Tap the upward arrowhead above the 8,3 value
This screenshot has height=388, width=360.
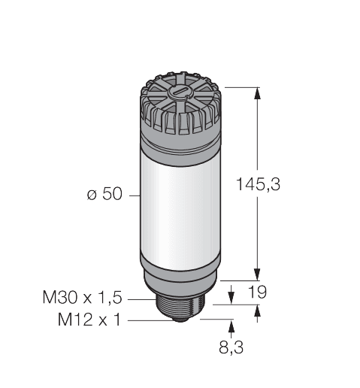[x=231, y=325]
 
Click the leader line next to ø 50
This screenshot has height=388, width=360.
[x=134, y=195]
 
